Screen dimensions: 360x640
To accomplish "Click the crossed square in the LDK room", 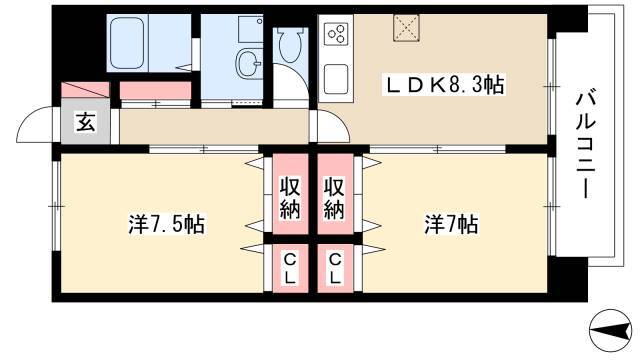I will click(407, 28).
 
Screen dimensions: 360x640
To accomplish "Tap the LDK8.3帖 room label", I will click(446, 87).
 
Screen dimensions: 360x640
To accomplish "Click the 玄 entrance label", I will click(86, 124).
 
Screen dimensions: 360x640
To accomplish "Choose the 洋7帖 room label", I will click(449, 224).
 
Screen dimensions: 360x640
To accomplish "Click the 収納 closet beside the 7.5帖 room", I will click(290, 199).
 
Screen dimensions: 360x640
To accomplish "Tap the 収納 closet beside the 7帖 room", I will click(333, 199).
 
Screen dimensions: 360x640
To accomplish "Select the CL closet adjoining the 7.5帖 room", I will click(290, 269).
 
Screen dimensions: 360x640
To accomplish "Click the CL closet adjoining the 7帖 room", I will click(334, 269).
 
